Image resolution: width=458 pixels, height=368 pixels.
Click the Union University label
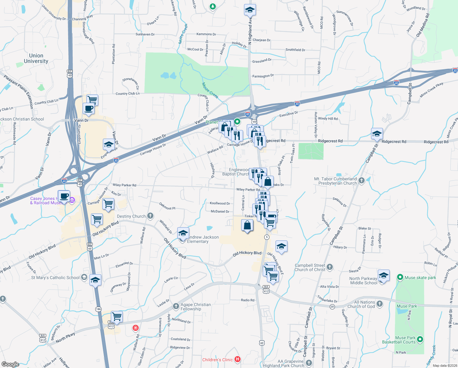pos(36,58)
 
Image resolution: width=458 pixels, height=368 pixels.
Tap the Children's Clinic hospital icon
pos(237,359)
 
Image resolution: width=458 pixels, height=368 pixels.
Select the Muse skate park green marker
pos(400,278)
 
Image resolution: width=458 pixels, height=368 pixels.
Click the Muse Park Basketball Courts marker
pos(420,339)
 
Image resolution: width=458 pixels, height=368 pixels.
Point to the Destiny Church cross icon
pos(150,216)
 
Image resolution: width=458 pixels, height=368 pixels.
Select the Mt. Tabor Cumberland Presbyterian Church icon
pos(362,180)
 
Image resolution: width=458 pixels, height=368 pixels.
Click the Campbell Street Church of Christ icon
pos(330,267)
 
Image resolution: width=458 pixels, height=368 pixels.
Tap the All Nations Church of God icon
pos(380,304)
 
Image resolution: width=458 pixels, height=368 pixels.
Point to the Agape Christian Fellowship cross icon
pos(176,306)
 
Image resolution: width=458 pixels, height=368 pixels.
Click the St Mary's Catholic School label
pos(55,278)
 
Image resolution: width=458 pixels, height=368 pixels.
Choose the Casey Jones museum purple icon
pos(72,201)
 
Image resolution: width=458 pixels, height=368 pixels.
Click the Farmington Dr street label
pos(263,76)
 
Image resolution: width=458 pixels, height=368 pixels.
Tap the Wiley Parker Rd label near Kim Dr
pos(124,185)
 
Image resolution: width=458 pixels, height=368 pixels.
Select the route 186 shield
pos(98,309)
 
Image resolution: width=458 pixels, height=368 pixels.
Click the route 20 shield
pos(332,307)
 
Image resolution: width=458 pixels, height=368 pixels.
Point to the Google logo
pos(10,364)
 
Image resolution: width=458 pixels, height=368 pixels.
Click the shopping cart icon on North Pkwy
pos(117,316)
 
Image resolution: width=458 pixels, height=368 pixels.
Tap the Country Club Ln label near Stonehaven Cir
pos(128,94)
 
